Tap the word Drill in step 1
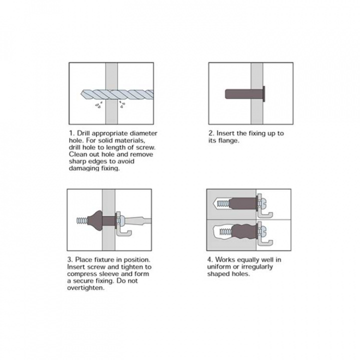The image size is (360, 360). (x=83, y=133)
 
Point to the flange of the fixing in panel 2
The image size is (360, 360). (x=264, y=94)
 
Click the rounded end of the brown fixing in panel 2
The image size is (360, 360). (x=227, y=94)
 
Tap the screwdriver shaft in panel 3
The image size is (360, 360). (x=138, y=221)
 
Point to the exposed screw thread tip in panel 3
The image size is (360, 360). (x=82, y=220)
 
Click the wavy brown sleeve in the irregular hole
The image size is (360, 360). (x=244, y=232)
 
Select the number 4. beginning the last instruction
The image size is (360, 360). (x=210, y=260)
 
